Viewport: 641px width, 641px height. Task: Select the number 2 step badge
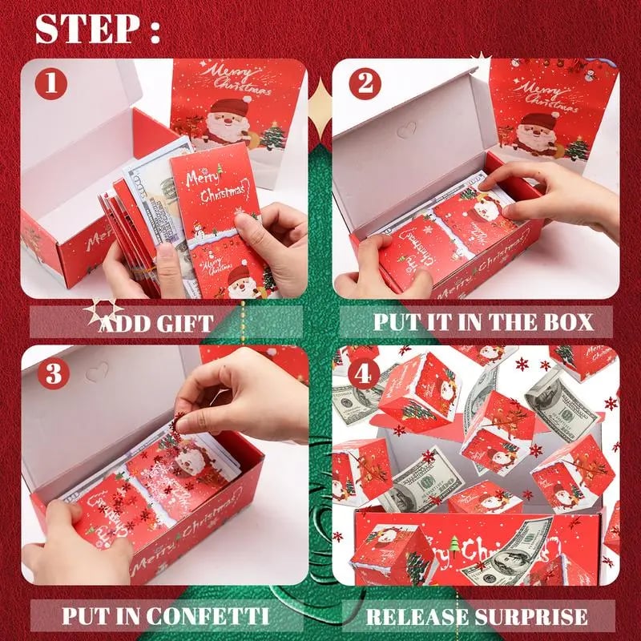coord(365,83)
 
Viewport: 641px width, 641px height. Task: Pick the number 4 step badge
coord(365,373)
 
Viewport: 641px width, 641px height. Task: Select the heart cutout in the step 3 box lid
coord(97,371)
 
